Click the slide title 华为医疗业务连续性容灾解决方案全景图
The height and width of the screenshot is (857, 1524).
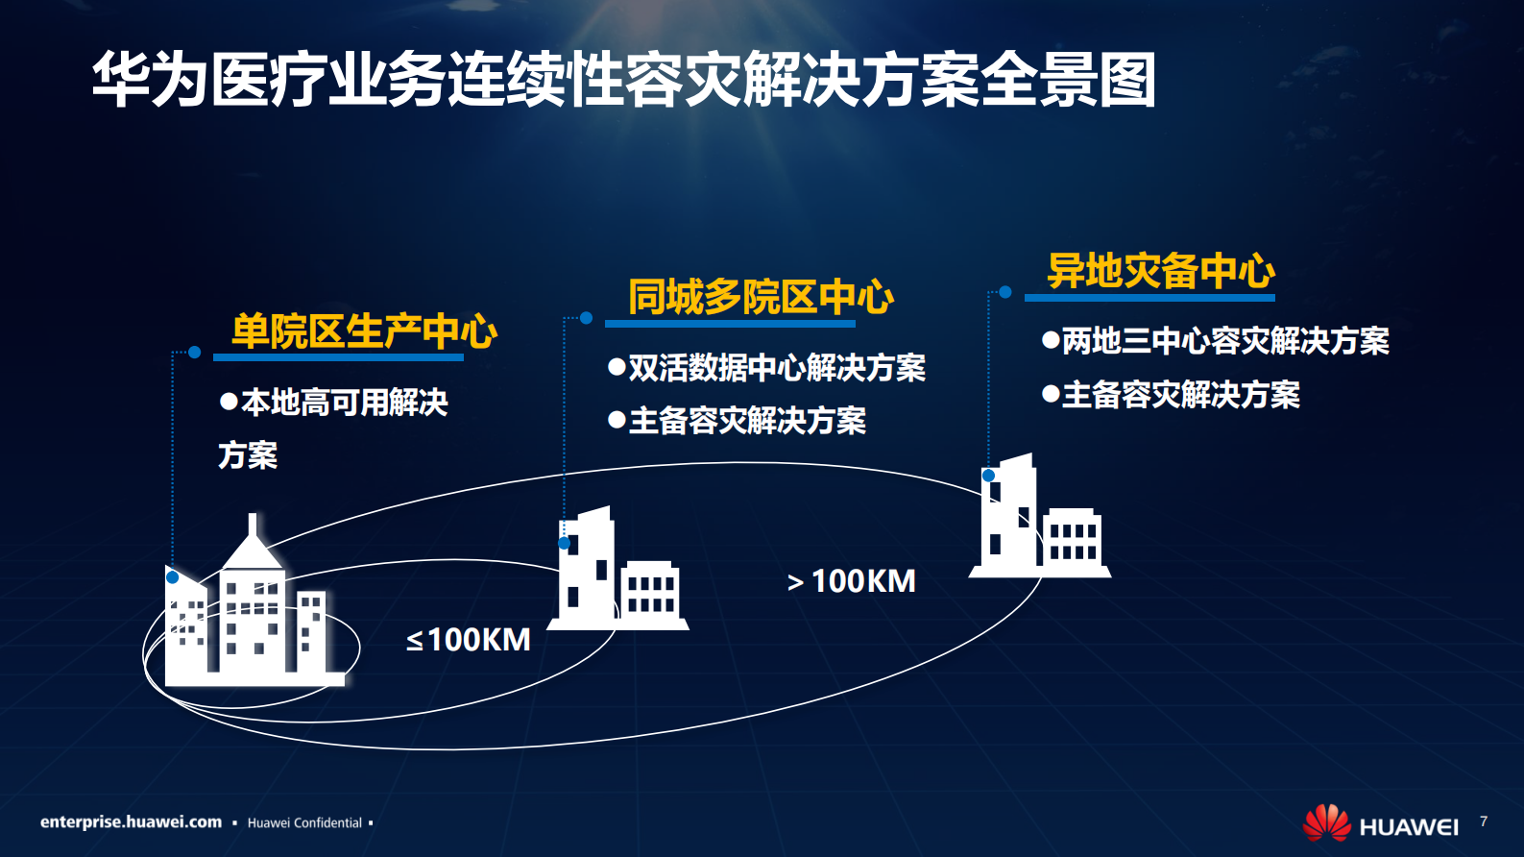tap(624, 79)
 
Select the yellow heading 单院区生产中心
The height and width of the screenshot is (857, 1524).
tap(364, 331)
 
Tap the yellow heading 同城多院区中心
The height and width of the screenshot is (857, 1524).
tap(761, 297)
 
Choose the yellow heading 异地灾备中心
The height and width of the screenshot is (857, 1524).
tap(1160, 271)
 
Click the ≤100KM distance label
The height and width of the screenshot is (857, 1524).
tap(469, 640)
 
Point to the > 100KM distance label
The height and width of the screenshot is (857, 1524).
tap(852, 581)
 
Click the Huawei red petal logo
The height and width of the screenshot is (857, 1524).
tap(1326, 822)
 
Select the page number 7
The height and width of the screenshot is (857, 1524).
tap(1484, 821)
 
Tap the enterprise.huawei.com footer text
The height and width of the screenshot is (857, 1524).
tap(131, 822)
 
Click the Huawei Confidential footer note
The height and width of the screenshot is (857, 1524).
tap(304, 823)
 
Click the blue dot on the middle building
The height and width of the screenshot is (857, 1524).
tap(565, 544)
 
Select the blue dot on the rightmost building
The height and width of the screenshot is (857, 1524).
tap(988, 476)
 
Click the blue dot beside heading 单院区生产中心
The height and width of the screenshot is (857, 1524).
tap(194, 353)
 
